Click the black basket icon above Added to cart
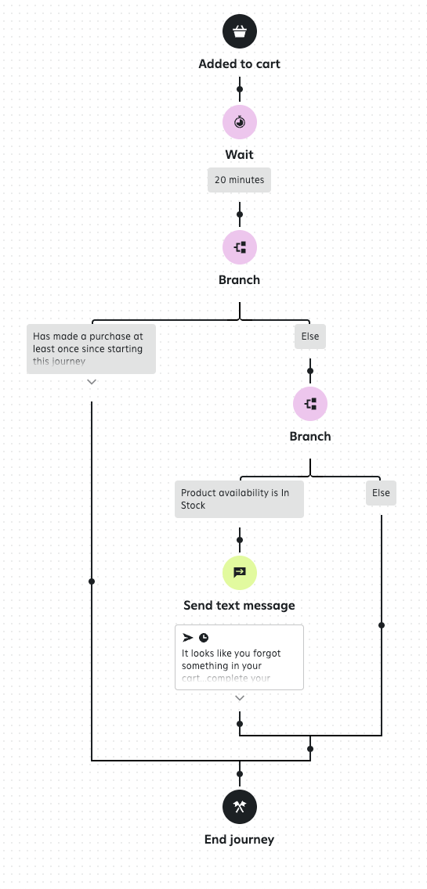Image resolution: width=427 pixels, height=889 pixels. point(240,31)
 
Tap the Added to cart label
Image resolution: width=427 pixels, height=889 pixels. point(240,64)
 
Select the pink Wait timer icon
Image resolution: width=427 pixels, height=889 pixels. point(240,122)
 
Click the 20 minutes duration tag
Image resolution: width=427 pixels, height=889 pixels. point(240,180)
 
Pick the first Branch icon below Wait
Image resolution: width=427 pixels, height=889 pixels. point(240,247)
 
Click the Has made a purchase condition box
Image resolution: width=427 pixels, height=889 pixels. point(91,349)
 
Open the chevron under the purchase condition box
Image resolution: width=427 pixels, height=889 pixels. point(92,382)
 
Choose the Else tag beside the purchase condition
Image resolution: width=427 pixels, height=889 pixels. point(310,337)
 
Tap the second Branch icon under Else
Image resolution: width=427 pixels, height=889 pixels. point(310,404)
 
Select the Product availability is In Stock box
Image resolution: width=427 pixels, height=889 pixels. point(239,499)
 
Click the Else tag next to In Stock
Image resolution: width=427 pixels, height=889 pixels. point(381,493)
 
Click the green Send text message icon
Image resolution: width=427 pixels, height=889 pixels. point(240,572)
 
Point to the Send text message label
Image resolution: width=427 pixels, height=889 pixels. point(240,605)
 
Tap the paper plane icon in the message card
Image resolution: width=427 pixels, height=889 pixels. point(188,638)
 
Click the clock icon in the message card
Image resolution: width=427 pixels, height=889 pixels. point(204,638)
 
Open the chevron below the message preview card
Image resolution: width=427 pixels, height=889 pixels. point(240,697)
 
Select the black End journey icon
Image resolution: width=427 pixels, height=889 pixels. point(240,806)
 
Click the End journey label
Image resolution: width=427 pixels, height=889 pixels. point(240,840)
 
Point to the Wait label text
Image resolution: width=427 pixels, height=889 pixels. point(240,155)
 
